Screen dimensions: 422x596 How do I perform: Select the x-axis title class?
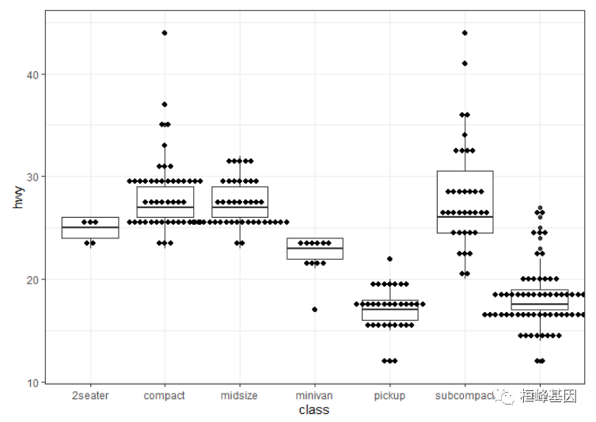[x=313, y=409]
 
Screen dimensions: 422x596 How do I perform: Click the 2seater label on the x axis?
[x=89, y=395]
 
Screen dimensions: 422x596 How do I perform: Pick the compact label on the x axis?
[x=165, y=395]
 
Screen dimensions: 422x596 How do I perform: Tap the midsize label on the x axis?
[x=239, y=395]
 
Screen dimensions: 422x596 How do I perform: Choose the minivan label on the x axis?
[x=314, y=395]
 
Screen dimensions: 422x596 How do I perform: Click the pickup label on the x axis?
[x=389, y=395]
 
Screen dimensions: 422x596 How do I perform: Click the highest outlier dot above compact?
[x=165, y=33]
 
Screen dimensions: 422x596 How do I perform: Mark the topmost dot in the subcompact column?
[x=465, y=33]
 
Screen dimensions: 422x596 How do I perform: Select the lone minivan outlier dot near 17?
[x=314, y=310]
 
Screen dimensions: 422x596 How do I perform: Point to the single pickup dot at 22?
[x=389, y=259]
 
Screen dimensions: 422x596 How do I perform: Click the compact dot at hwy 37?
[x=165, y=105]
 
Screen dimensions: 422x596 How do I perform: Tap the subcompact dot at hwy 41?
[x=465, y=63]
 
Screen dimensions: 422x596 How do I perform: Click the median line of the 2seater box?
[x=89, y=227]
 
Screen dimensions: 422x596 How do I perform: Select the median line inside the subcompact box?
[x=465, y=217]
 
